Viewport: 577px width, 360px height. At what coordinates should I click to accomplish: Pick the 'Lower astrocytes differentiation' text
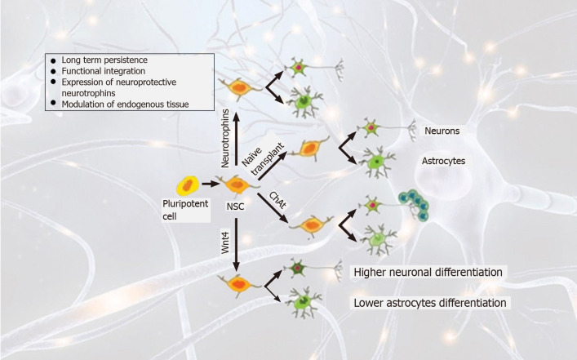433,303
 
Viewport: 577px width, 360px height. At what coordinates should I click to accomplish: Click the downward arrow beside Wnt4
237,245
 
